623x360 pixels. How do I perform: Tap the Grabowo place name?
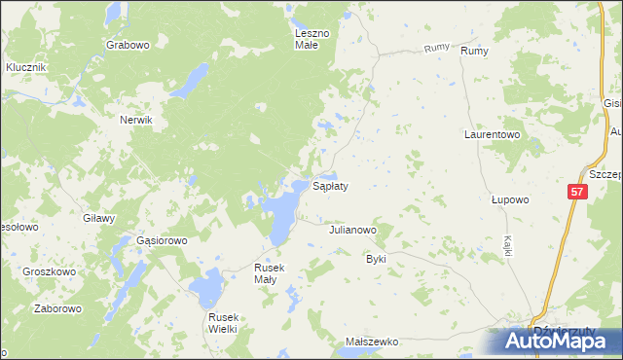click(x=128, y=45)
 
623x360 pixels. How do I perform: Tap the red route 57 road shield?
click(x=577, y=193)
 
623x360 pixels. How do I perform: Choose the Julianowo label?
click(x=352, y=231)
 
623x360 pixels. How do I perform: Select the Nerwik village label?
click(x=137, y=119)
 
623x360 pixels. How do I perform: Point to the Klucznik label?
click(x=26, y=67)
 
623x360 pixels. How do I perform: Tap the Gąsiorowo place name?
click(x=162, y=239)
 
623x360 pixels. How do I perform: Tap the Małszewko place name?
click(x=373, y=342)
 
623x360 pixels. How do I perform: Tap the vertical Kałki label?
click(x=509, y=244)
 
